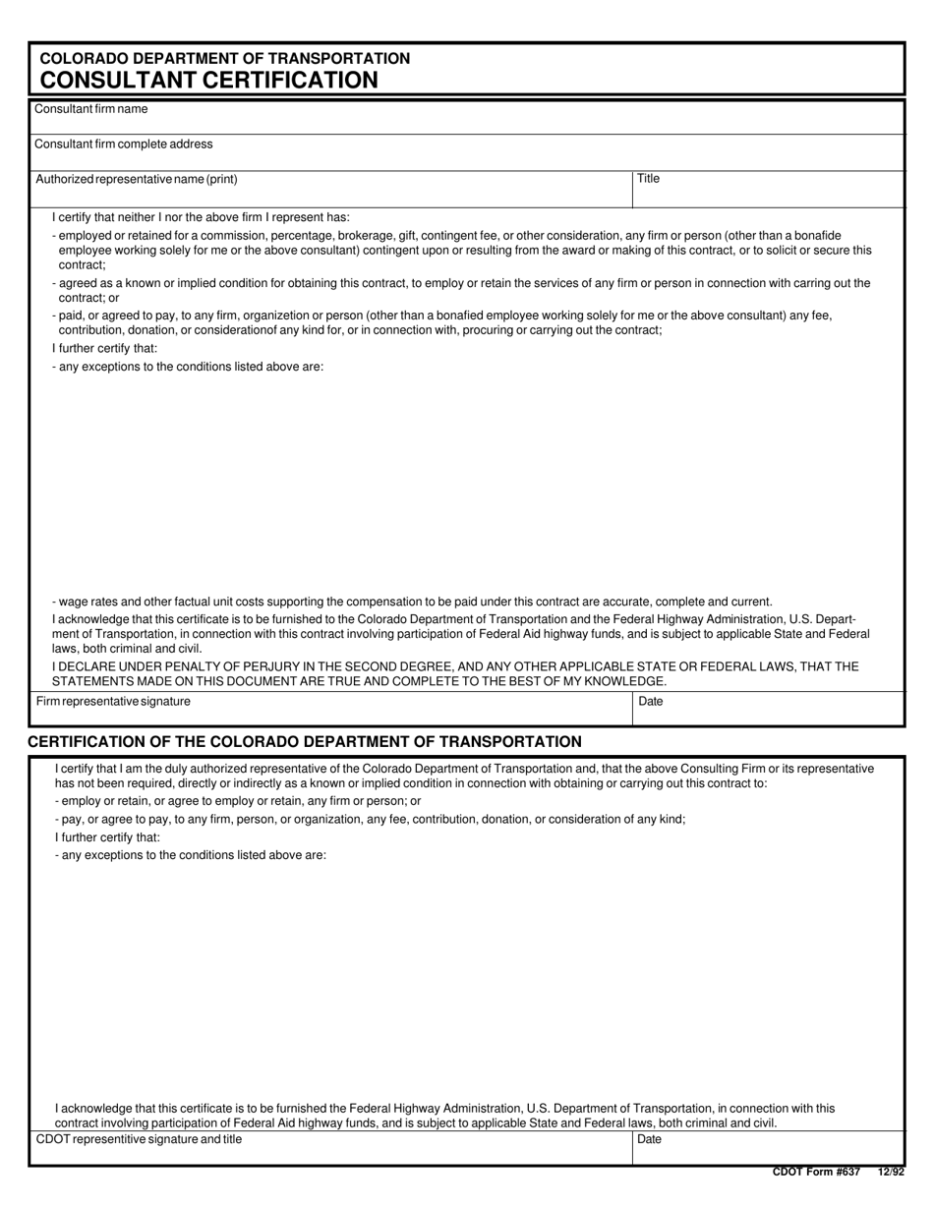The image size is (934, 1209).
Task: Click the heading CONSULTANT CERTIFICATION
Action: [x=208, y=81]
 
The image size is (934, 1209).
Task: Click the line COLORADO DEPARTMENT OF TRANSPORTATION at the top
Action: [x=224, y=59]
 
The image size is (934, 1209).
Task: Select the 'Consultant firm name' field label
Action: [x=90, y=109]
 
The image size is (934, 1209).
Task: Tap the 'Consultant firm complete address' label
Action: [x=123, y=144]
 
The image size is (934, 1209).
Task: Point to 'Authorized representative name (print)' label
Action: [x=136, y=180]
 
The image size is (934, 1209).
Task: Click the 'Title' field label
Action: [x=648, y=179]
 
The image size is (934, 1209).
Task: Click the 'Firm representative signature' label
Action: [x=113, y=702]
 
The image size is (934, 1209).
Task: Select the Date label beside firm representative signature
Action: [x=651, y=702]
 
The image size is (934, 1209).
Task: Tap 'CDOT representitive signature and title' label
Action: [x=139, y=1139]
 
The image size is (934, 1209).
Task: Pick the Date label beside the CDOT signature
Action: [x=650, y=1139]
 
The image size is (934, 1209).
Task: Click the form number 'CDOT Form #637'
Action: [x=816, y=1172]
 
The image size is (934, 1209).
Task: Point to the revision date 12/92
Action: [x=891, y=1172]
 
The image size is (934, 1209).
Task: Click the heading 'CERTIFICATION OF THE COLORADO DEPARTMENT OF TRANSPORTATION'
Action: [x=305, y=742]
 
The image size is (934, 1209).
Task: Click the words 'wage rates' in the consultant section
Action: [x=87, y=602]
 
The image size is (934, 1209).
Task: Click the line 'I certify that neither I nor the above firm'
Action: [x=201, y=217]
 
